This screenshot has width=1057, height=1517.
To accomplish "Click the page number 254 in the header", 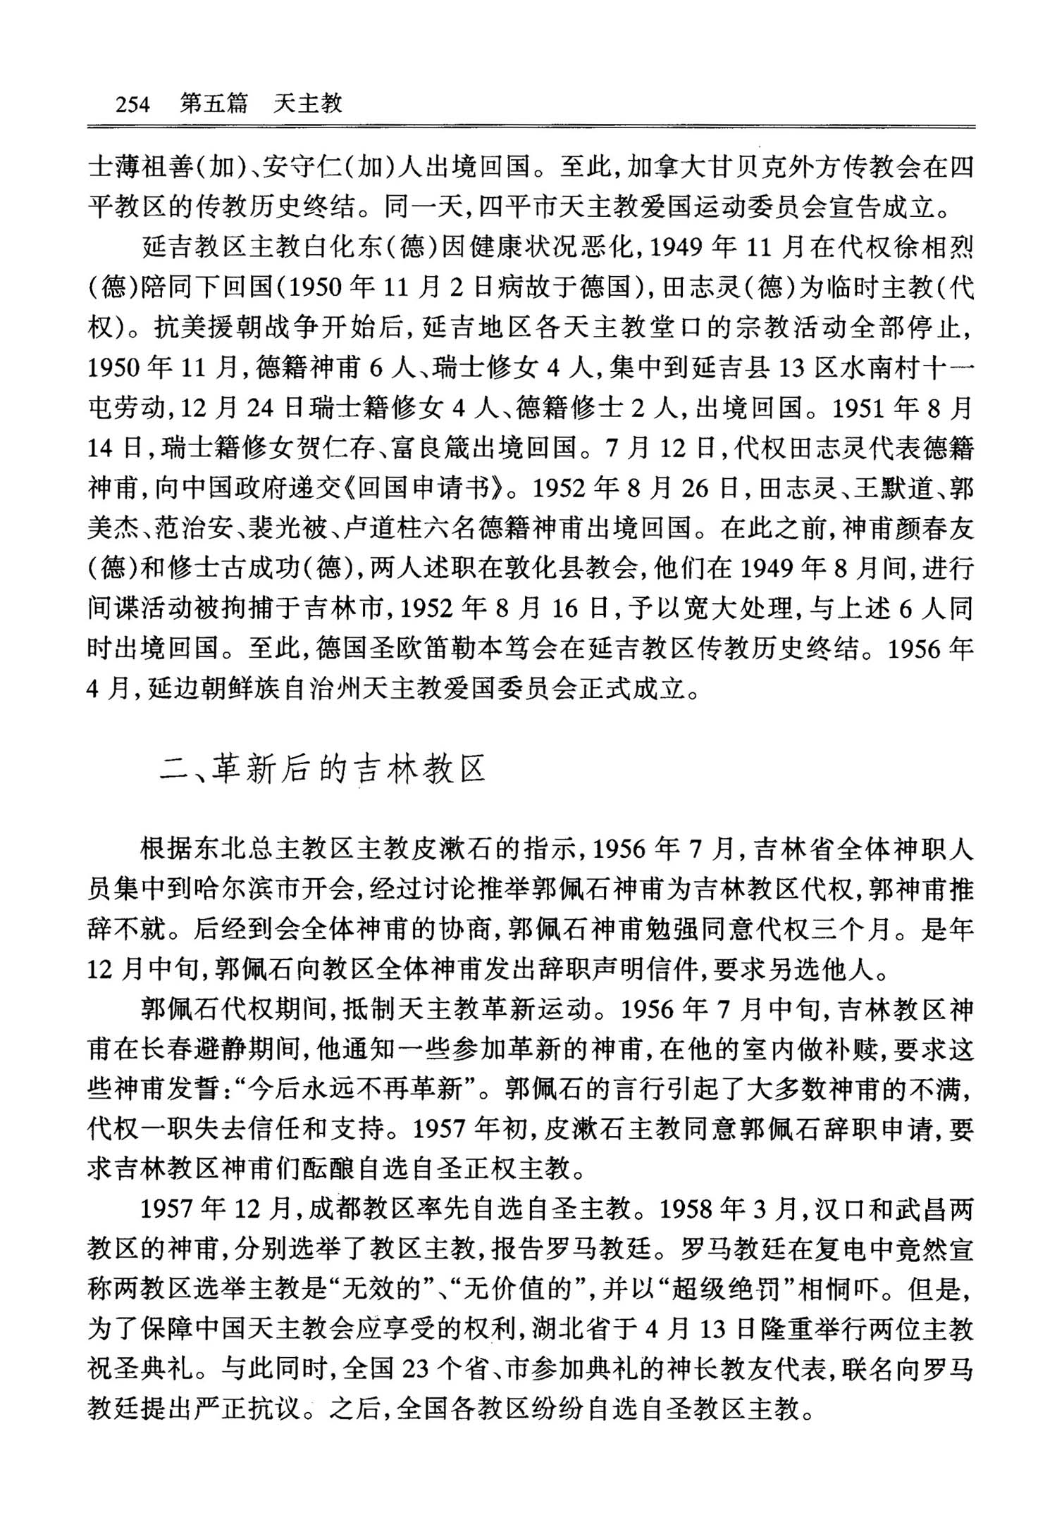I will coord(132,104).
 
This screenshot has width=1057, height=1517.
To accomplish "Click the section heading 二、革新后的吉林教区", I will coord(323,770).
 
